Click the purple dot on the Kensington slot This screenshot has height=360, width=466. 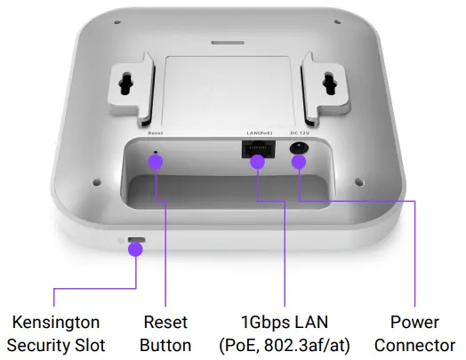click(135, 250)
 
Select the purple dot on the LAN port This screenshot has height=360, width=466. click(257, 162)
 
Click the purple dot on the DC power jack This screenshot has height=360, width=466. click(299, 162)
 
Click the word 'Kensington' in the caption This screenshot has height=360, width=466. click(55, 321)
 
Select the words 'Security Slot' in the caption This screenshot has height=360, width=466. click(55, 345)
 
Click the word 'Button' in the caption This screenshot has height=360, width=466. click(166, 345)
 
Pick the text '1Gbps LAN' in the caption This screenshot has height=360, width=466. click(284, 321)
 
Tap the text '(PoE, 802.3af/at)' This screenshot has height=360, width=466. click(284, 345)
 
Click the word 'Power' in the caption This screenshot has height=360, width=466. click(414, 321)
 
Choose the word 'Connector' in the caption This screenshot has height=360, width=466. click(414, 345)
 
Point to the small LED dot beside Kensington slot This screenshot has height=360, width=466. click(121, 240)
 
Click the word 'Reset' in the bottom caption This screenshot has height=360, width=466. click(166, 321)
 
